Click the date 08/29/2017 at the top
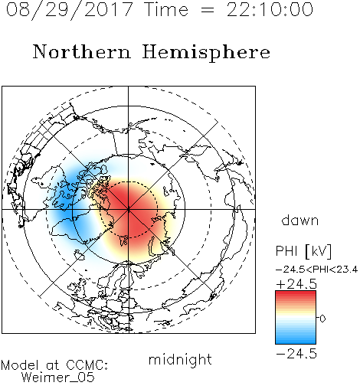pos(70,10)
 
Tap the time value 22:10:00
pos(270,9)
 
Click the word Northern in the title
pos(82,52)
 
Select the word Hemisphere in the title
pos(206,53)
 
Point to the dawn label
pos(300,220)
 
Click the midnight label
pos(180,361)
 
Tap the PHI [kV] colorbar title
pos(303,251)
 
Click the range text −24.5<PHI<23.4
pos(316,270)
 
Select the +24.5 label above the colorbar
pos(296,284)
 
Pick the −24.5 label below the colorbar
pos(296,354)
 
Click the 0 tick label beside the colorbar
pos(322,319)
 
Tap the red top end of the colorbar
pos(296,293)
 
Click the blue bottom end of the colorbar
pos(296,341)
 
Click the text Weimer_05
pos(58,378)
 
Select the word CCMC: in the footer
pos(87,365)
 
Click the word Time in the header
pos(166,9)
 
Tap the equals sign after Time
pos(208,10)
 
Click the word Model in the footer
pos(20,365)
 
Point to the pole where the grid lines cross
pos(129,209)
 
